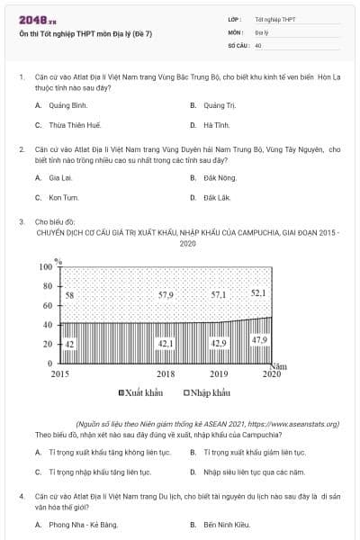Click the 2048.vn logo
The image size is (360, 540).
click(37, 19)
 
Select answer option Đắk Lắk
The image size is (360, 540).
click(217, 197)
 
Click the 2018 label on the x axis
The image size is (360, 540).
click(166, 373)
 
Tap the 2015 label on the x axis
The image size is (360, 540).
click(60, 373)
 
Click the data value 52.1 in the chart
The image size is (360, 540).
click(258, 292)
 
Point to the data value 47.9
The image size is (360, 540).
click(259, 339)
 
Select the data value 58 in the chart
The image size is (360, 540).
click(69, 294)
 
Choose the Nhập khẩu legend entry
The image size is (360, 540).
click(206, 392)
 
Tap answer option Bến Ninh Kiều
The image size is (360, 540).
click(225, 524)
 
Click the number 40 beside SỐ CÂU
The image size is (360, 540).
click(258, 44)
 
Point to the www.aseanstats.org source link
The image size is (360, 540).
click(294, 423)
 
